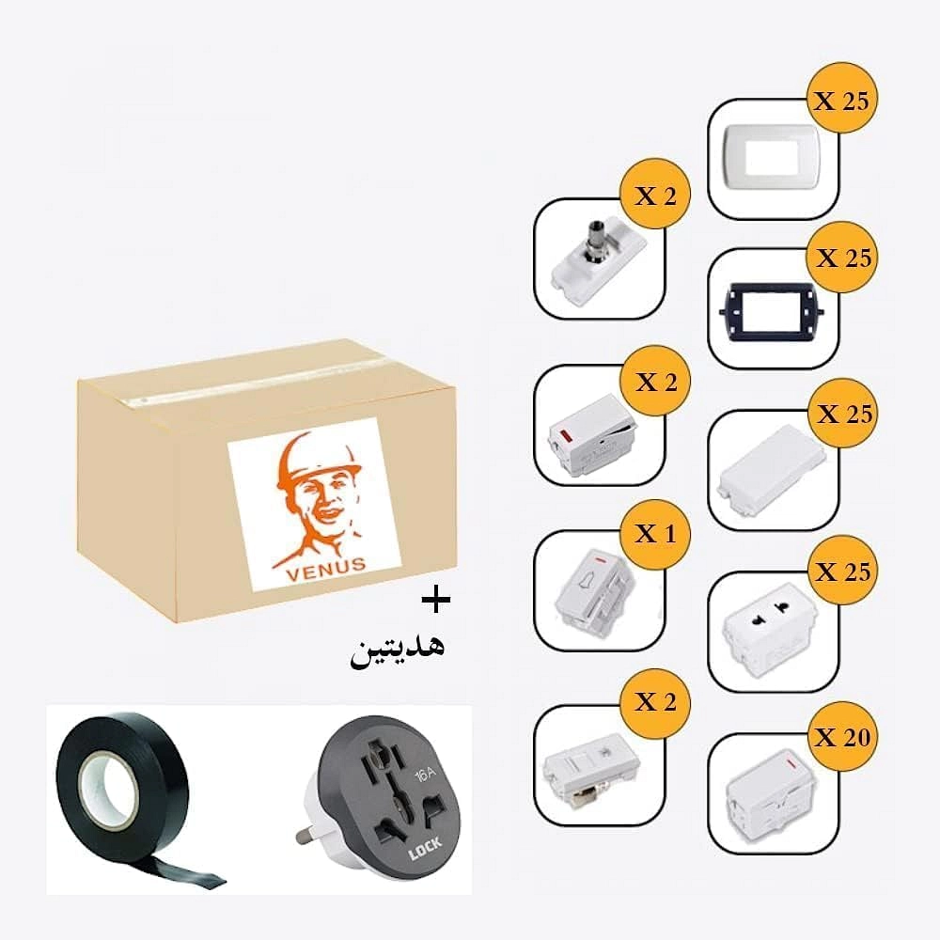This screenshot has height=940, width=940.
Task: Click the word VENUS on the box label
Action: coord(326,569)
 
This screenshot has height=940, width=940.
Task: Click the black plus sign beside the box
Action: coord(436,600)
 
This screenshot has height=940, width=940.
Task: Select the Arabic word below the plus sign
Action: coord(398,650)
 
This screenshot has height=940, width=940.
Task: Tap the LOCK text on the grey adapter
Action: coord(425,849)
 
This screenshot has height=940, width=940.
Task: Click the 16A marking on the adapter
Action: coord(425,774)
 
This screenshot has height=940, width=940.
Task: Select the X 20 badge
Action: coord(842,737)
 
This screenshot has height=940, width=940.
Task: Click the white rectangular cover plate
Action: coord(772,157)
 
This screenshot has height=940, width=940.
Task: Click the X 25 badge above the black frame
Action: coord(842,258)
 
